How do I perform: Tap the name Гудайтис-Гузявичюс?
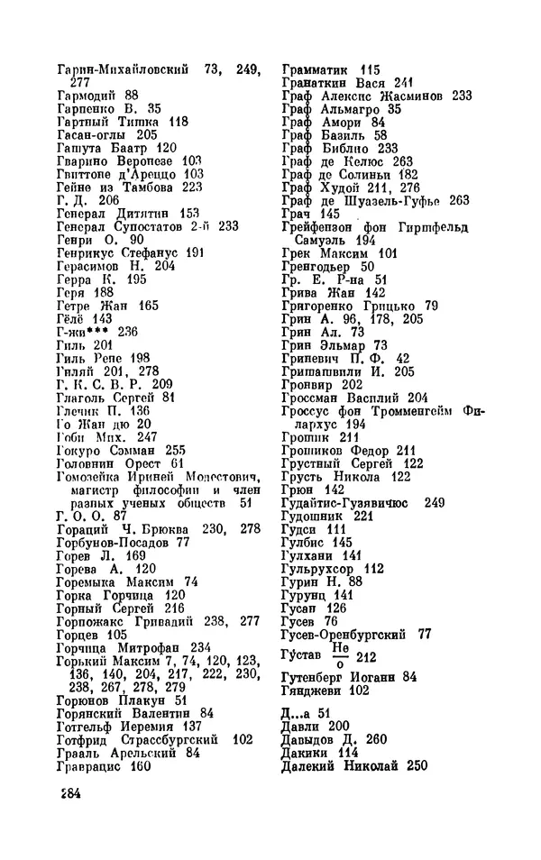346,502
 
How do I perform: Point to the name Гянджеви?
316,690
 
